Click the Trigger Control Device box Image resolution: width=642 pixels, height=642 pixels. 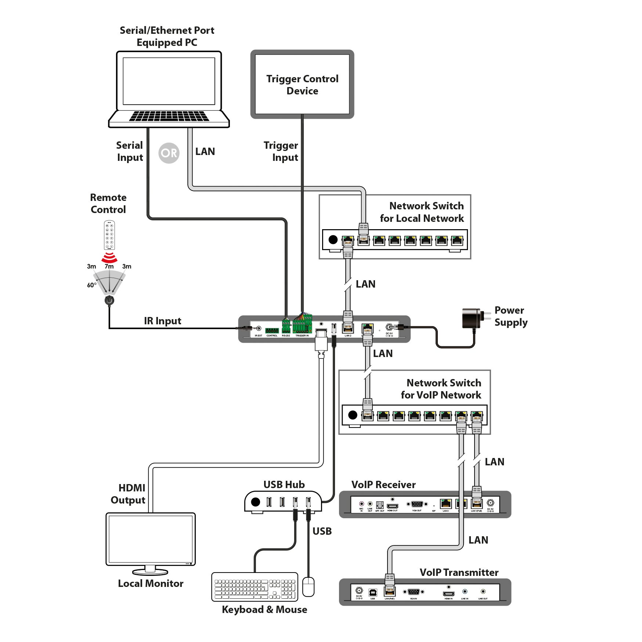coord(302,84)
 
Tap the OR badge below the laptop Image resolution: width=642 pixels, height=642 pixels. coord(169,153)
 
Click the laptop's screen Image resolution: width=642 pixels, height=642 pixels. coord(169,81)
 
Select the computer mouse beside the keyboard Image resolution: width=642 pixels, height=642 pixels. coord(308,587)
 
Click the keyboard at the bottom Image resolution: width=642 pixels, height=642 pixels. coord(255,587)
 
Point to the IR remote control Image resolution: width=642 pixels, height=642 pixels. coord(109,235)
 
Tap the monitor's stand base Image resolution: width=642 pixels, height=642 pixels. coord(150,572)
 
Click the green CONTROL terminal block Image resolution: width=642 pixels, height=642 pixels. coord(272,330)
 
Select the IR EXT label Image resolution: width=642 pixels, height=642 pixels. coord(259,336)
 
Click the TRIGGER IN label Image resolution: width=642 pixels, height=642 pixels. coord(302,336)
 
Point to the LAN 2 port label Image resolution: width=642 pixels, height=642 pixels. coord(348,336)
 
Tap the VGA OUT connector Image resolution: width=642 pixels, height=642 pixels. coord(417,504)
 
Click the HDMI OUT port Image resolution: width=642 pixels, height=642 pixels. coord(393,506)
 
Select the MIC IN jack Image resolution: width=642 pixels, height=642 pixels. coord(361,504)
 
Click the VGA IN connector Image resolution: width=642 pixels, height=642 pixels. coord(414,592)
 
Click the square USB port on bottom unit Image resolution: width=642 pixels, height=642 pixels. coord(372,592)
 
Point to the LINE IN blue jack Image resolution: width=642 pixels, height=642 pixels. coord(465,592)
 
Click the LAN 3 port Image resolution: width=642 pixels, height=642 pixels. coord(446,504)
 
